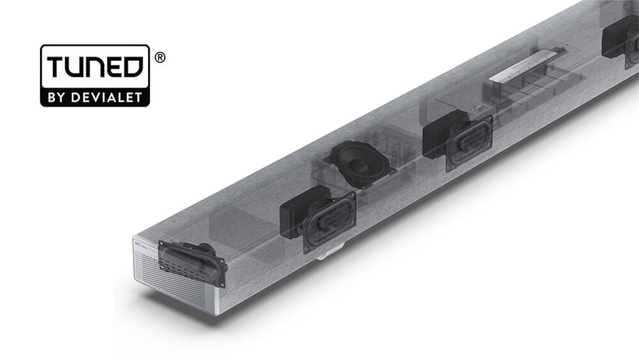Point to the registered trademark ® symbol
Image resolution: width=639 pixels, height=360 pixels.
(160, 57)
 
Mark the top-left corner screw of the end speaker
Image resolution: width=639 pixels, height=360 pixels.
(161, 244)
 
